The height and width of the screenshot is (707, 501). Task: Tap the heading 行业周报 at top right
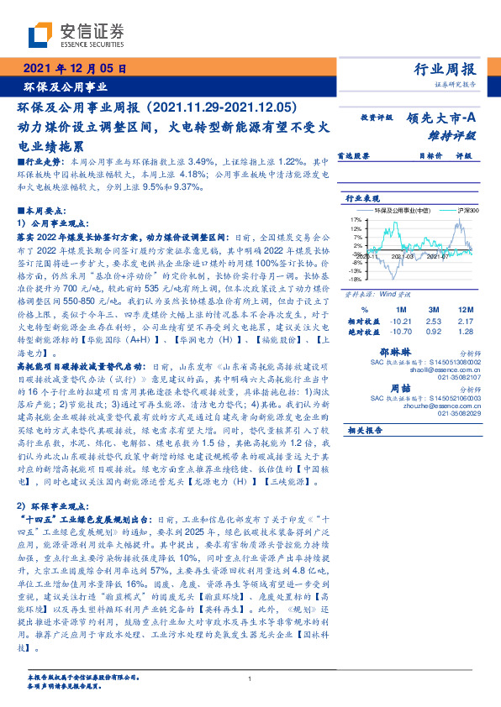(445, 69)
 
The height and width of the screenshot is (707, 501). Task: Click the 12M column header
(466, 310)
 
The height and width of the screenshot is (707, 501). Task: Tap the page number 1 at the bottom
(250, 679)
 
